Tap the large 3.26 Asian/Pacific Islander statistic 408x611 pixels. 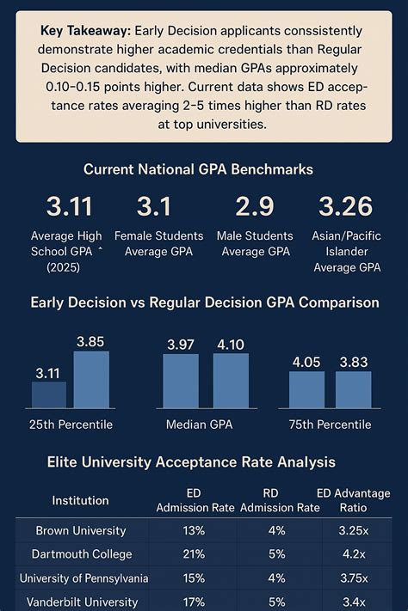point(345,207)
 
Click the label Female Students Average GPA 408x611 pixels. point(159,243)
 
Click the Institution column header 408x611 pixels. point(80,500)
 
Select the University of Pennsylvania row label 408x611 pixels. point(83,578)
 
